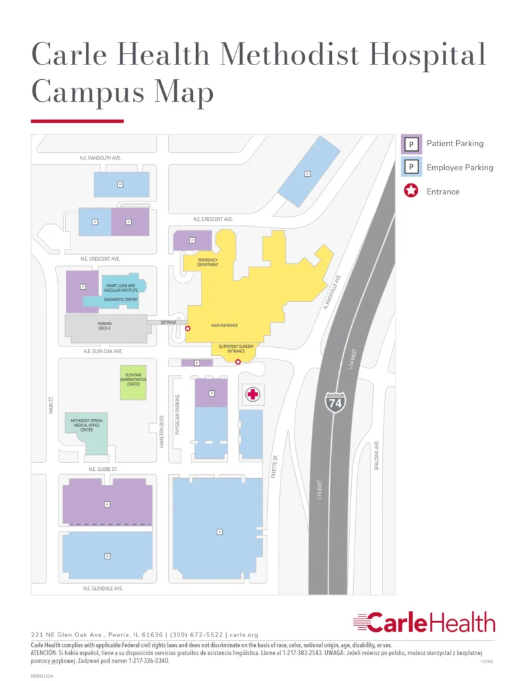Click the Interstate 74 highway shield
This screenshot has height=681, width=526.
pos(335,402)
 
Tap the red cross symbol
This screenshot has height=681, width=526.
pos(253,394)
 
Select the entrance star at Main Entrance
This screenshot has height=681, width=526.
pos(188,329)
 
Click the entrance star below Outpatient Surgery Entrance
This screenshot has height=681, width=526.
pos(238,362)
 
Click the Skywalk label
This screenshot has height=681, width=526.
pos(169,323)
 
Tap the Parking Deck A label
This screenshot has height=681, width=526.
pos(104,327)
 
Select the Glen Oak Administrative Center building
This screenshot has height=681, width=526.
pos(133,382)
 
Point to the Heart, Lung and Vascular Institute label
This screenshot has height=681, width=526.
pos(121,288)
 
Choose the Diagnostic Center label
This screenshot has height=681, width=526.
pos(121,300)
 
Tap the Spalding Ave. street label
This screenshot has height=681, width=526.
pos(376,456)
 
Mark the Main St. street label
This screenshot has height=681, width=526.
pos(51,406)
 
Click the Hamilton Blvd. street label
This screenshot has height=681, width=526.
pos(162,432)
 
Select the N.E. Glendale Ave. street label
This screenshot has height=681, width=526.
pos(103,589)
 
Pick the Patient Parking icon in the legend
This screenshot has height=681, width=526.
pos(412,144)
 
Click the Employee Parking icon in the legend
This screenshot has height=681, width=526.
pos(412,168)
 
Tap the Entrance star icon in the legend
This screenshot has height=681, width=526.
pos(412,192)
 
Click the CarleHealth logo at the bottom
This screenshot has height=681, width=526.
pos(424,623)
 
